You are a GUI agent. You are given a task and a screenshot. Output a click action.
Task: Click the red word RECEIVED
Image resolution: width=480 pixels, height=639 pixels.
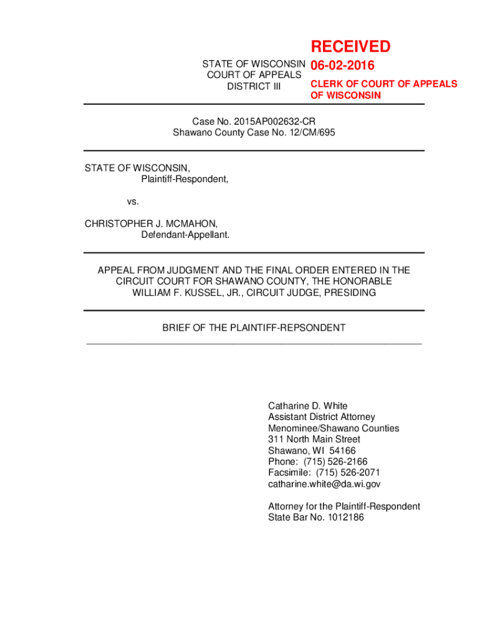pyautogui.click(x=350, y=47)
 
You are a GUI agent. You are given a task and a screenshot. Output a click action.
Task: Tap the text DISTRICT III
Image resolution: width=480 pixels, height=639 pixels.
pyautogui.click(x=254, y=87)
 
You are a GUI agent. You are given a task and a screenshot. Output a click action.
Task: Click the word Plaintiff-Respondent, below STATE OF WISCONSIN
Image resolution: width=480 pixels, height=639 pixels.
pyautogui.click(x=184, y=179)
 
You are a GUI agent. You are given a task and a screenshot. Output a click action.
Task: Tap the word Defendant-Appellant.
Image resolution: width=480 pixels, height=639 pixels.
pyautogui.click(x=185, y=235)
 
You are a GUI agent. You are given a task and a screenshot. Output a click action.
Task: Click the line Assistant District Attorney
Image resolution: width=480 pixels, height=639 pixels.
pyautogui.click(x=321, y=417)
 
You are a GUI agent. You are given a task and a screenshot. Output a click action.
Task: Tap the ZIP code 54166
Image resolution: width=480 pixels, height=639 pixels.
pyautogui.click(x=343, y=451)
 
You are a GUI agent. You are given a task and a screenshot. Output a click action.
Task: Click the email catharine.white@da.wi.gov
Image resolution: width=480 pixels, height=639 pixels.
pyautogui.click(x=324, y=484)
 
